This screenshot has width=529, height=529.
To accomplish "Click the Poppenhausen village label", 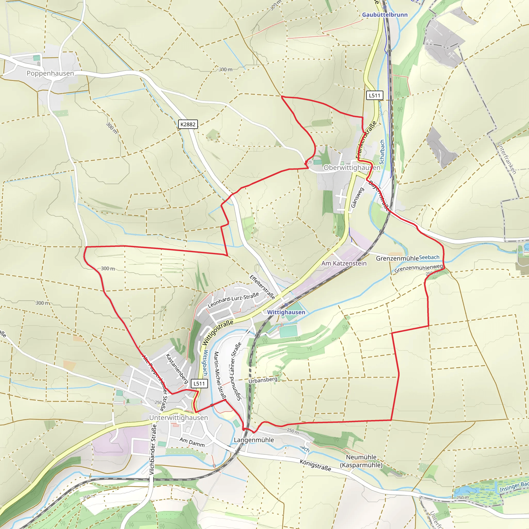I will (x=50, y=73).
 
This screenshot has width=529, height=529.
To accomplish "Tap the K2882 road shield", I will (x=188, y=124).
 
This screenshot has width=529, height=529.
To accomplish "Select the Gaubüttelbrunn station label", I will (x=385, y=15).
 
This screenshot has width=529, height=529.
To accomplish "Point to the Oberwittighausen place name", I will (x=352, y=168).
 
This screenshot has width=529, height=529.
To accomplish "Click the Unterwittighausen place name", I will (x=178, y=418).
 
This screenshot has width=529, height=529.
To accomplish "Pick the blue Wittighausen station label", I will (x=286, y=312).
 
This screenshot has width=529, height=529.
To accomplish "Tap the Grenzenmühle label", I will (x=397, y=258).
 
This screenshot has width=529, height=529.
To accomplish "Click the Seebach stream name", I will (x=429, y=257).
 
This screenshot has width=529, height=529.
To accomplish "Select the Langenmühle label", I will (x=254, y=440).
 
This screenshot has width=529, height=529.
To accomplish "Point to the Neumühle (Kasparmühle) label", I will (x=361, y=461).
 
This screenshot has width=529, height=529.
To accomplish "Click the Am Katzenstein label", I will (x=344, y=263).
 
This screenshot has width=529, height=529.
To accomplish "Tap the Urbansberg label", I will (x=263, y=380).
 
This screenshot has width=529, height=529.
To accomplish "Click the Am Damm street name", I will (x=192, y=442).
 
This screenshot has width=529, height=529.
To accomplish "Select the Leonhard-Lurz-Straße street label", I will (x=233, y=300).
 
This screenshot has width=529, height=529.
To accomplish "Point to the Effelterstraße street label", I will (x=262, y=287).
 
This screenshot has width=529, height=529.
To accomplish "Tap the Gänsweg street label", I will (x=357, y=197).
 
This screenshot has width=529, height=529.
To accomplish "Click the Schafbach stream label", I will (x=382, y=152).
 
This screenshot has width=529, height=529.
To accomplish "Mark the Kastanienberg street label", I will (x=177, y=368).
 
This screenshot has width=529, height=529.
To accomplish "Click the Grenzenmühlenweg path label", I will (x=418, y=268).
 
